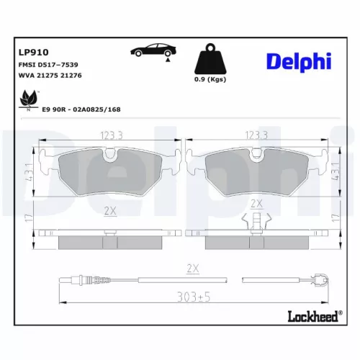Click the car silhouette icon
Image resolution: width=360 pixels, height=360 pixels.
click(153, 53)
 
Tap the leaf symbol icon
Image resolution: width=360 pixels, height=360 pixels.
click(29, 98)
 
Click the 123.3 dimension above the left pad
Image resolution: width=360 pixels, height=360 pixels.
click(111, 135)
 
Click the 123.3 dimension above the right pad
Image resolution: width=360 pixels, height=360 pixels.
click(257, 135)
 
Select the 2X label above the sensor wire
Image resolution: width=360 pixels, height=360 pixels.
click(192, 268)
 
